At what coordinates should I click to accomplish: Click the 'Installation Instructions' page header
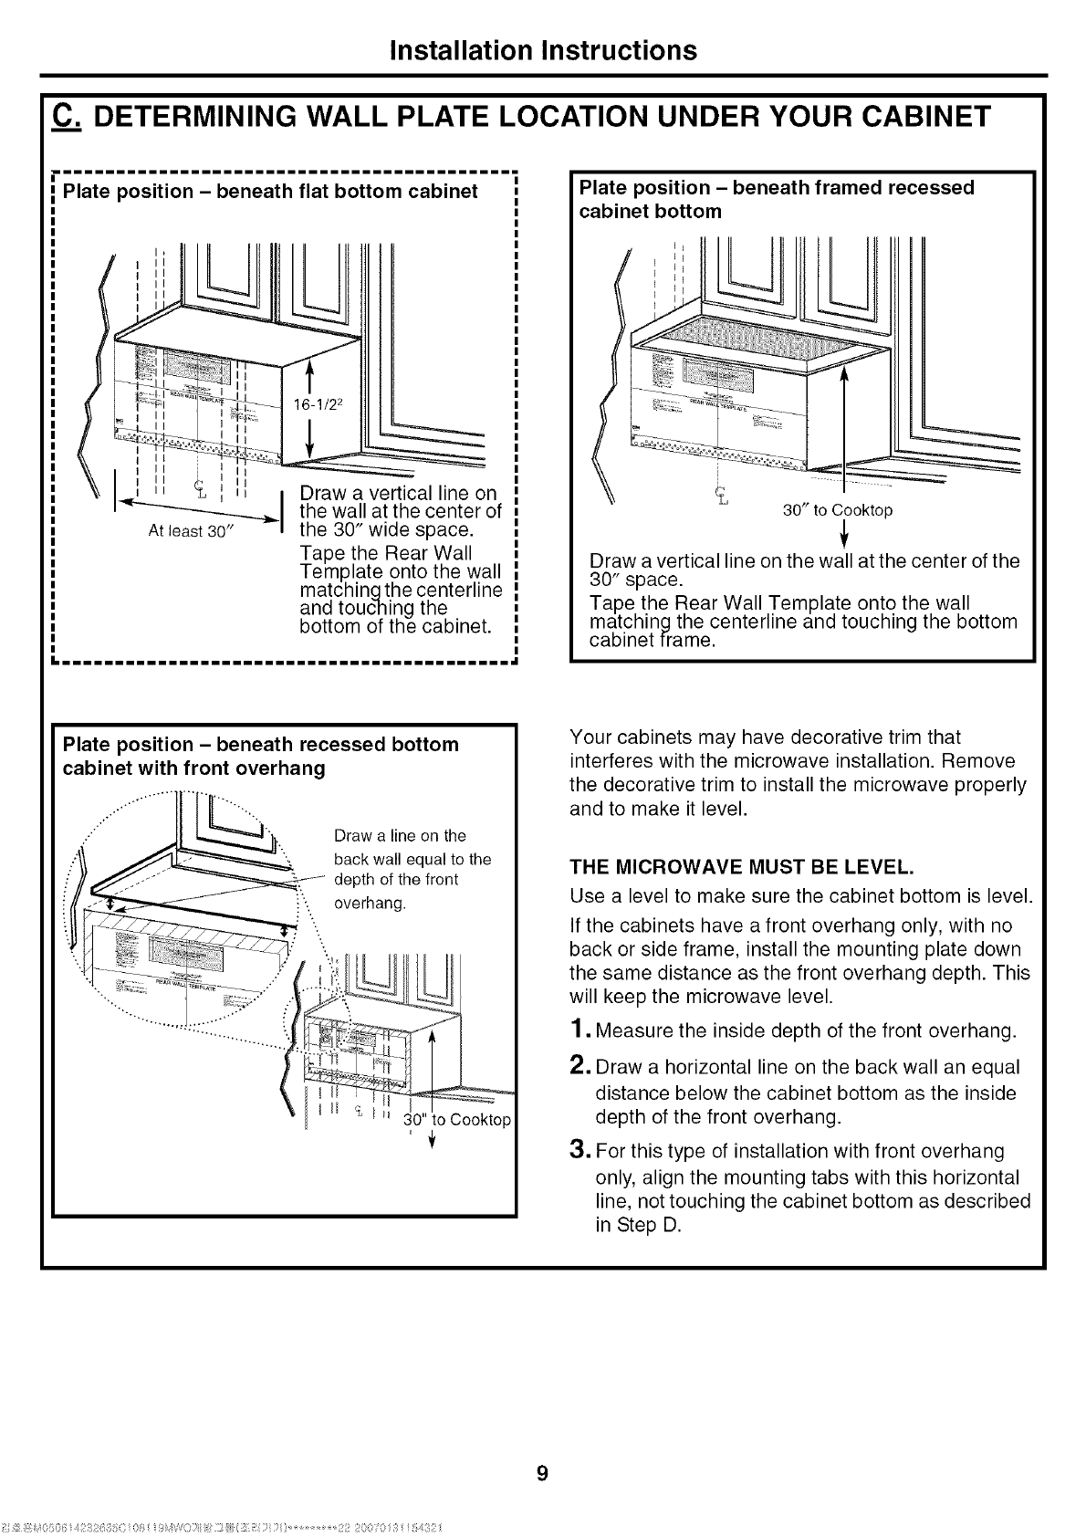(542, 49)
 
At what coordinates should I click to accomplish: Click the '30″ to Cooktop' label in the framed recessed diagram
(838, 510)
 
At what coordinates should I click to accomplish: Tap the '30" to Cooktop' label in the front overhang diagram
(458, 1120)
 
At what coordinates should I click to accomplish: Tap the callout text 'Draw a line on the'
(400, 835)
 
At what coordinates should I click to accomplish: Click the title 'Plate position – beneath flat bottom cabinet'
(270, 192)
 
